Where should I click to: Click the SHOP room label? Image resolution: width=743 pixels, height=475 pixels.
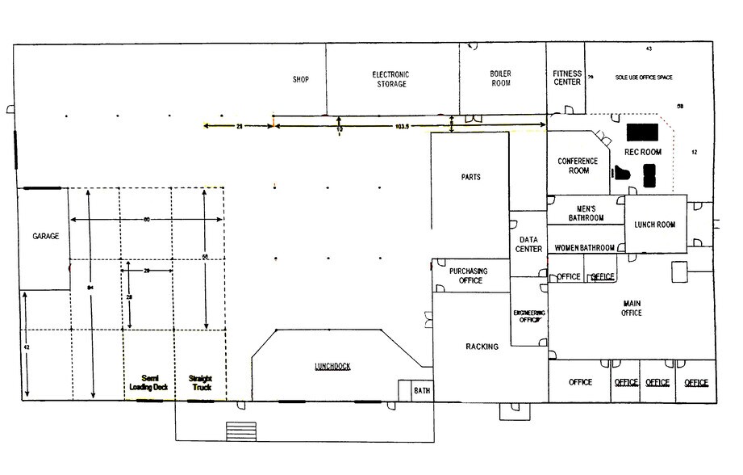click(301, 79)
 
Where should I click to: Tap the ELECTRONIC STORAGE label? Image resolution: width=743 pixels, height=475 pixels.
click(390, 79)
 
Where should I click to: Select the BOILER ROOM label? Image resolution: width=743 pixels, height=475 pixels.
click(500, 78)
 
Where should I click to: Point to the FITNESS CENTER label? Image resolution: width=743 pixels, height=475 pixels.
click(567, 78)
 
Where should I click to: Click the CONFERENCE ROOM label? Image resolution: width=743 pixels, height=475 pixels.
click(578, 166)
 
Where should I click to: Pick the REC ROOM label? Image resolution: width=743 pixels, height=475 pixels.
click(643, 151)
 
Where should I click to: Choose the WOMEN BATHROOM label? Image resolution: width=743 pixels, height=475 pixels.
click(585, 248)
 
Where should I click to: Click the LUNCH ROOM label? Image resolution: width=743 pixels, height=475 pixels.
click(654, 225)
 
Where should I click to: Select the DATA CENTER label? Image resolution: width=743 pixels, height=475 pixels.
click(528, 244)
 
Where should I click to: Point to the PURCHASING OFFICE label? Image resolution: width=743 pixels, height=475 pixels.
click(466, 275)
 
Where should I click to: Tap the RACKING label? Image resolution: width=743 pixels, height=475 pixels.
click(482, 347)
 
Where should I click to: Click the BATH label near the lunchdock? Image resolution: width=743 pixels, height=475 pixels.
click(422, 390)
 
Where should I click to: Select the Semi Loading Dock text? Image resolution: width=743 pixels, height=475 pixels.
click(148, 383)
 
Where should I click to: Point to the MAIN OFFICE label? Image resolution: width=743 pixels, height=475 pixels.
click(632, 308)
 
